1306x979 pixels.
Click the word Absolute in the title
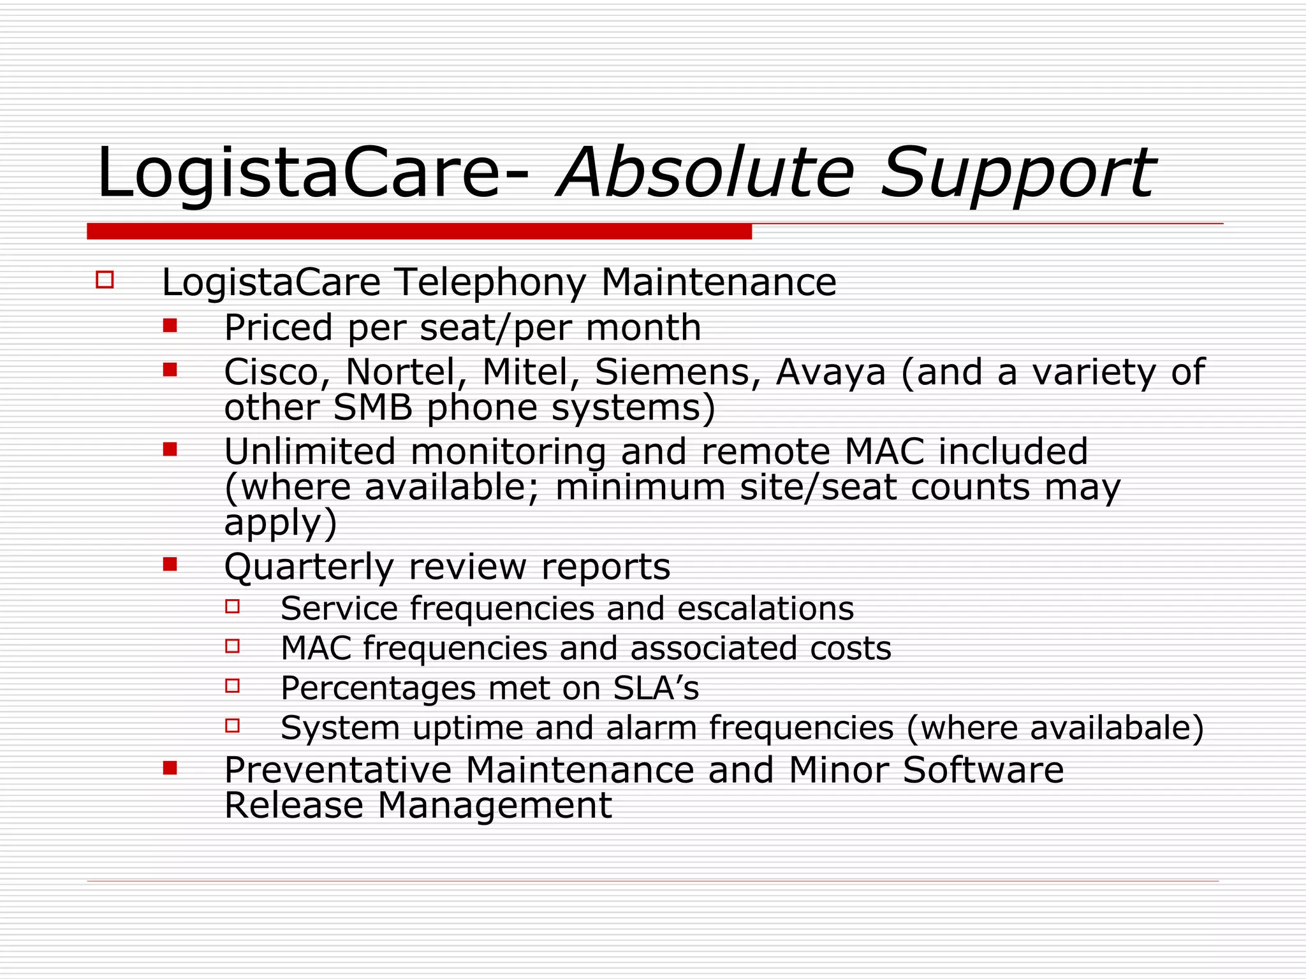(x=705, y=173)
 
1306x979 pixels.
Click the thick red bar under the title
(x=419, y=231)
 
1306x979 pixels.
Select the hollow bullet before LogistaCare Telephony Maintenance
(x=105, y=280)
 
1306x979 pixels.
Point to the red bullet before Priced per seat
(x=170, y=326)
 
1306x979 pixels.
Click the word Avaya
(x=830, y=373)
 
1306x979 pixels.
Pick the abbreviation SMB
(x=372, y=407)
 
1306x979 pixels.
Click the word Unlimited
(x=310, y=452)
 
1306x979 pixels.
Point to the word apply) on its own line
(x=280, y=523)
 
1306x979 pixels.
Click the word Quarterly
(x=309, y=567)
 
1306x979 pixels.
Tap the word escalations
(x=765, y=608)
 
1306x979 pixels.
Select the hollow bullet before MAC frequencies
(x=233, y=646)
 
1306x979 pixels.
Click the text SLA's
(x=656, y=688)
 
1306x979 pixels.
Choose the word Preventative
(x=337, y=770)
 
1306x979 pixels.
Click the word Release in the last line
(x=293, y=806)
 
